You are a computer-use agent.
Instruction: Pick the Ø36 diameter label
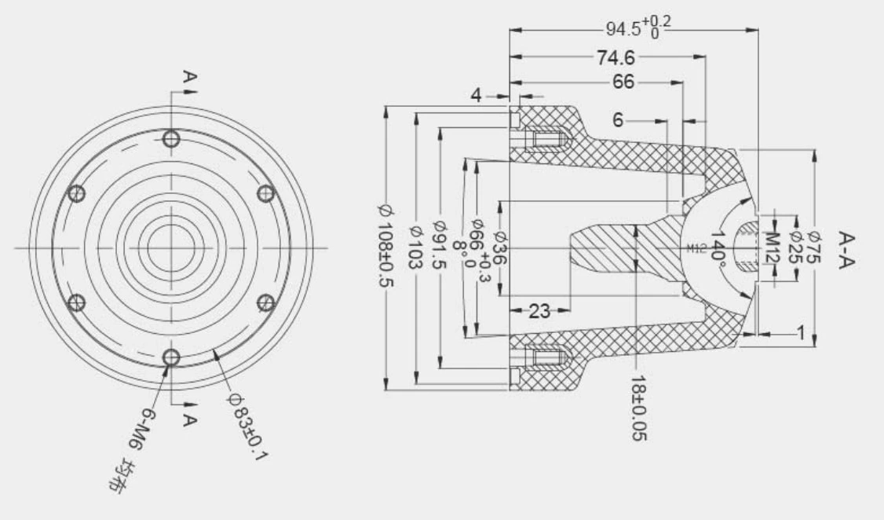pos(499,246)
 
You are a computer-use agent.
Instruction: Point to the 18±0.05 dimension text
pos(638,408)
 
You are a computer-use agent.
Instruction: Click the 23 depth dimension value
pos(539,311)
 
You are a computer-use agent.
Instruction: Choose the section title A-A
pos(846,249)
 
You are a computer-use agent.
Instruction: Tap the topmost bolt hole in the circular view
pos(171,139)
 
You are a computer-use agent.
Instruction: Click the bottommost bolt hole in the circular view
pos(171,357)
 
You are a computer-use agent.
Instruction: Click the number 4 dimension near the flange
pos(476,96)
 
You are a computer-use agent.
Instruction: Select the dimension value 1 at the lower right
pos(801,333)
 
